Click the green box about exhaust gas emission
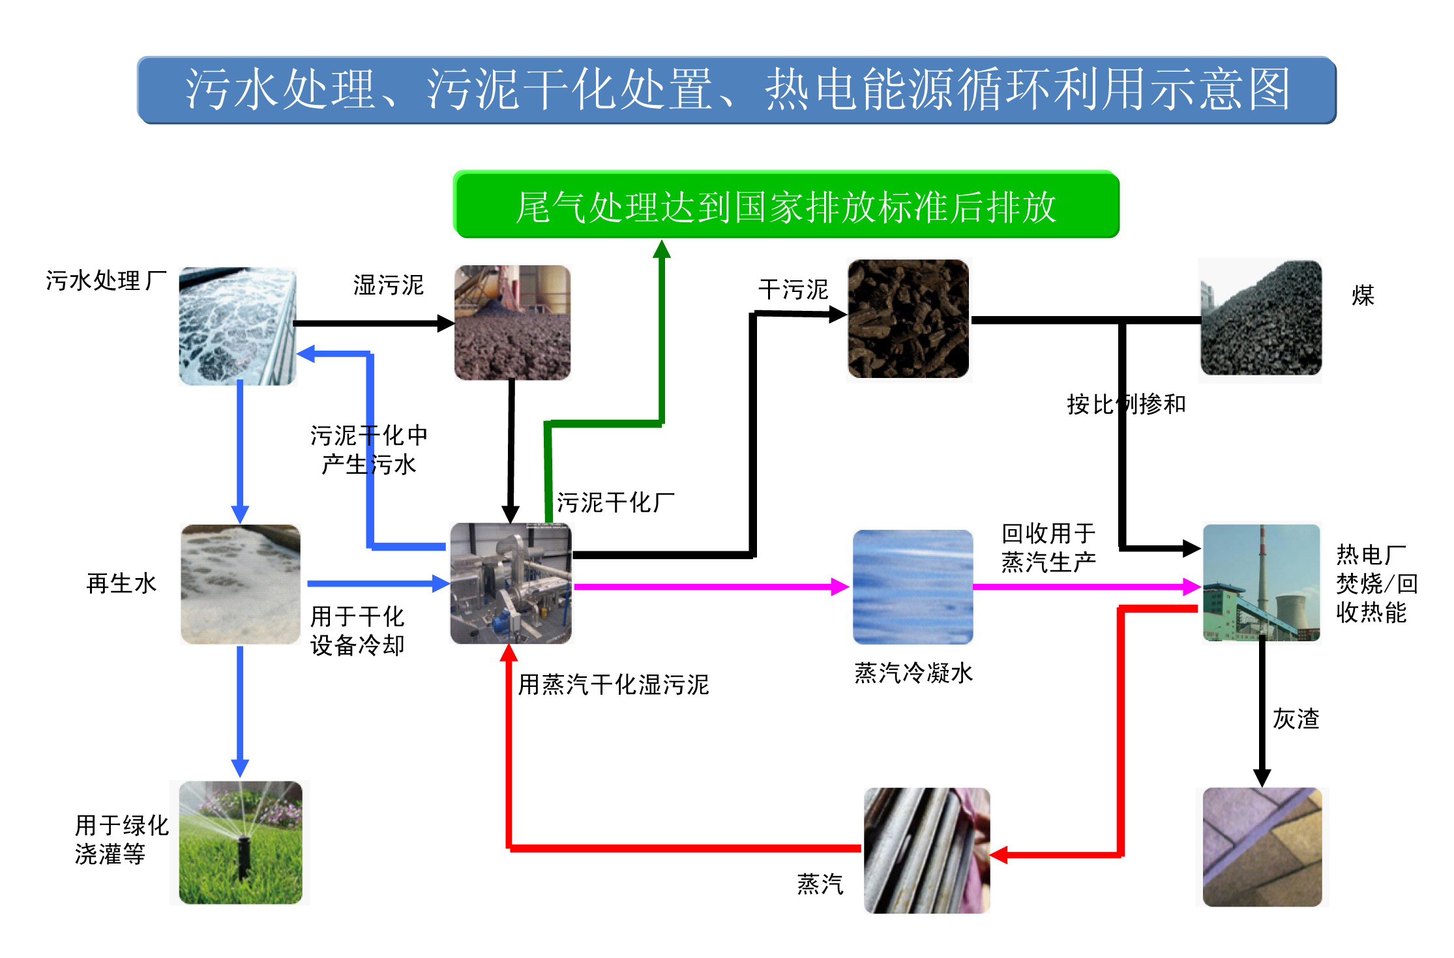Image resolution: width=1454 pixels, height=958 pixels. (786, 205)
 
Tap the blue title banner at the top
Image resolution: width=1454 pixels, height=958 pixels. (737, 90)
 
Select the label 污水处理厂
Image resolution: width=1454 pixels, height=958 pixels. (106, 281)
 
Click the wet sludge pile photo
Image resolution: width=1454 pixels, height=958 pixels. (512, 323)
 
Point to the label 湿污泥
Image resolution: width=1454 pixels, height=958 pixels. (389, 285)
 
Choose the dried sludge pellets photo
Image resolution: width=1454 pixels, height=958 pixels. (908, 319)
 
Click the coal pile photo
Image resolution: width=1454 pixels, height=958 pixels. (1261, 318)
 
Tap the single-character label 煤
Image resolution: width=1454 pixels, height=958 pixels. (1363, 295)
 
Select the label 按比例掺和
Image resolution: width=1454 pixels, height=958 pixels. (1126, 404)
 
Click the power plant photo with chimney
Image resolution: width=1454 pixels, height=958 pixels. (1262, 583)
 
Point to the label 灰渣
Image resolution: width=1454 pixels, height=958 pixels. (1296, 719)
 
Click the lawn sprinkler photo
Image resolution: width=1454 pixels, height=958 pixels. (241, 842)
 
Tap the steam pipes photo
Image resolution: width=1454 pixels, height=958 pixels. (927, 850)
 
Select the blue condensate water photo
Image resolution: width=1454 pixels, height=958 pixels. (913, 587)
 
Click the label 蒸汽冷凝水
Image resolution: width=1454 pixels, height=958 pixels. (913, 673)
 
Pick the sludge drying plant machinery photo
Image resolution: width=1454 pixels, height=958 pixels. (511, 583)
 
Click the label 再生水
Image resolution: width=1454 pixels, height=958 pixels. (122, 583)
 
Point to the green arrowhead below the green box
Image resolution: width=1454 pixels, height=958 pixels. (662, 249)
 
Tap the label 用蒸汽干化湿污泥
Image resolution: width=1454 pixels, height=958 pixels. (613, 684)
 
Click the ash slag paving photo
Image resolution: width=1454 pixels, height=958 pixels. (1262, 847)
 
